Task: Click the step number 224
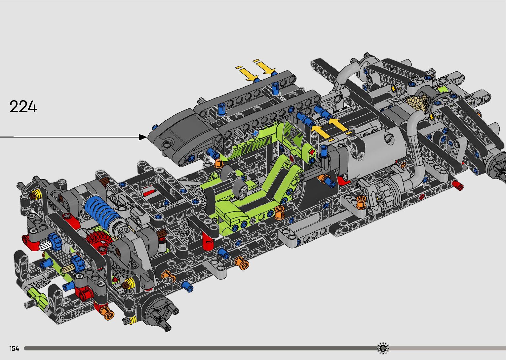[x=23, y=106]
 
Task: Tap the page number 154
[x=14, y=348]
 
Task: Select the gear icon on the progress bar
[x=383, y=348]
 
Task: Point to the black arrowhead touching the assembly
[x=143, y=137]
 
